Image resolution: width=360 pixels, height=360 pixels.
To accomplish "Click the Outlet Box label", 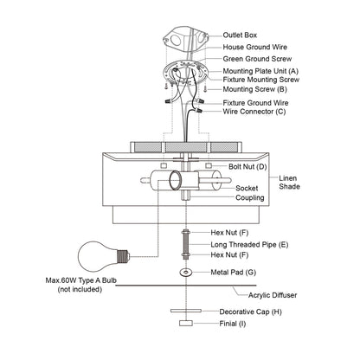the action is pyautogui.click(x=240, y=35).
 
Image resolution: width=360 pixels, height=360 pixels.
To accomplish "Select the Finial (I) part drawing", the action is pyautogui.click(x=186, y=323).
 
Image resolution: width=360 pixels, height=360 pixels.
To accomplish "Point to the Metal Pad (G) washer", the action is pyautogui.click(x=185, y=272).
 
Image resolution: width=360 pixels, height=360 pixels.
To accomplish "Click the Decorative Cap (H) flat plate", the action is pyautogui.click(x=186, y=311).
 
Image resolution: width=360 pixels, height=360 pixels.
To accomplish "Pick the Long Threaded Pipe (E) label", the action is pyautogui.click(x=249, y=245).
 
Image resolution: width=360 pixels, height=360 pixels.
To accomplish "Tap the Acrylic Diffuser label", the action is pyautogui.click(x=273, y=295).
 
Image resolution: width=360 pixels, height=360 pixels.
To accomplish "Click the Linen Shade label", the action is pyautogui.click(x=289, y=183).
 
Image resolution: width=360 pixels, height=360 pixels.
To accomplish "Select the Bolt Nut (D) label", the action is pyautogui.click(x=247, y=167).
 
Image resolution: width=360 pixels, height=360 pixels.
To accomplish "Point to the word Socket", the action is pyautogui.click(x=247, y=188).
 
